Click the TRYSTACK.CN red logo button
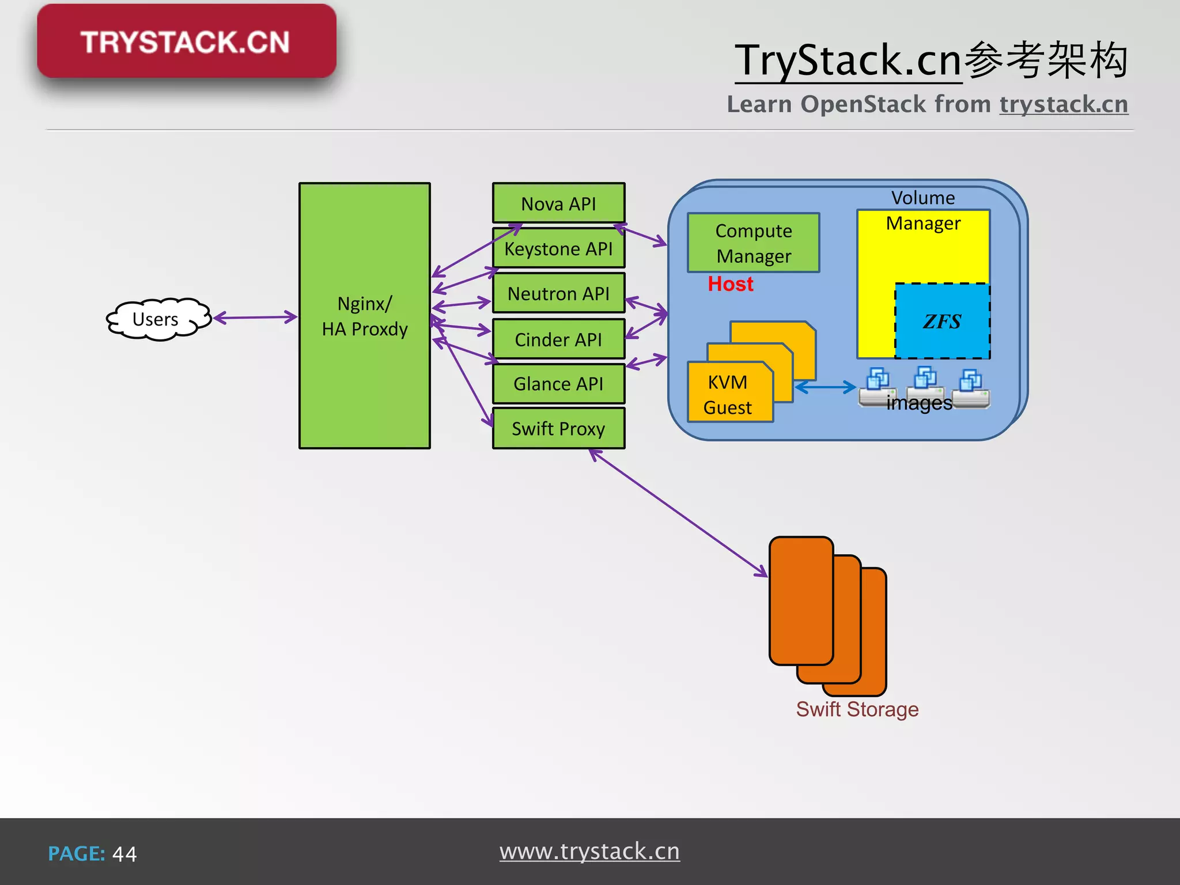point(186,41)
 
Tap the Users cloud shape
point(156,319)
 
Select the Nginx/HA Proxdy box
point(364,316)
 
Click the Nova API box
point(558,203)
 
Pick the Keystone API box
point(558,249)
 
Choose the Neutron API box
point(558,294)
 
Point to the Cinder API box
point(558,339)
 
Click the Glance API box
point(558,384)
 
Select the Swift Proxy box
point(558,429)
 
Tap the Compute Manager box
point(753,243)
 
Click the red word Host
point(730,284)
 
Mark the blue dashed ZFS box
point(942,321)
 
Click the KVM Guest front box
point(728,395)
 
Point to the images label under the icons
point(918,403)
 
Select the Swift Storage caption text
point(857,709)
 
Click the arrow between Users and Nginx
point(255,317)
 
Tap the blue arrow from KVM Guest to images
point(825,387)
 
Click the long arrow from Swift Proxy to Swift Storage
point(678,513)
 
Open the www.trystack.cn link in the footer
point(589,852)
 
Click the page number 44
point(124,854)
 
